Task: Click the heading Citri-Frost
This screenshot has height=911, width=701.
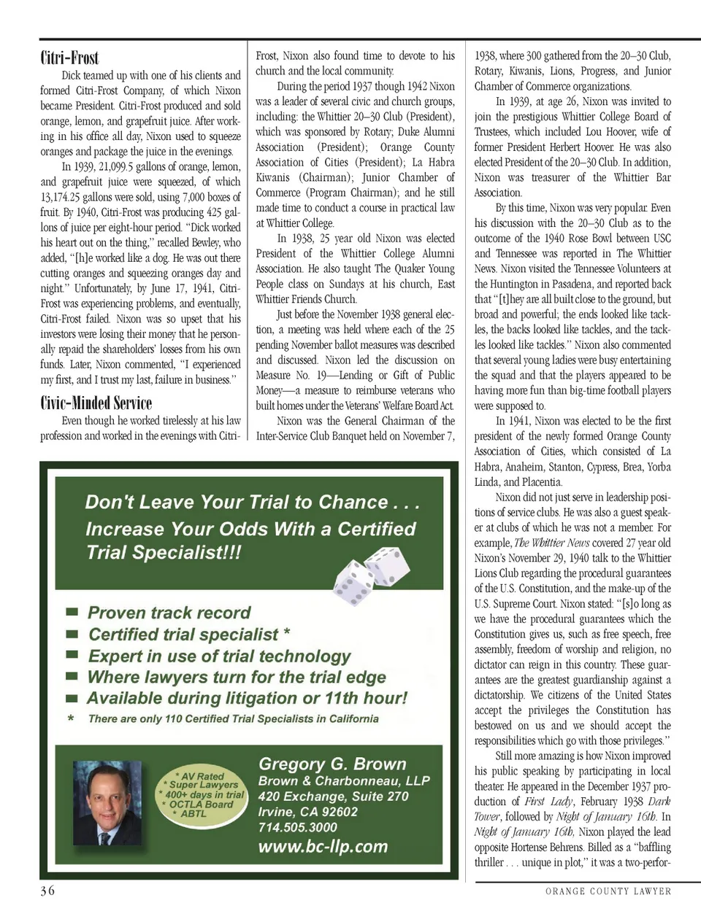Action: (x=69, y=58)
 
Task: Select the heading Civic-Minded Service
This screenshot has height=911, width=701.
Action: (x=96, y=403)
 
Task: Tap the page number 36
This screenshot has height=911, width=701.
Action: (x=47, y=891)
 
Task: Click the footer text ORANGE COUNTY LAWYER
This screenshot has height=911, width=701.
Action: (x=608, y=891)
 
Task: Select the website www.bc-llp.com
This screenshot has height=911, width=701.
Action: (x=323, y=847)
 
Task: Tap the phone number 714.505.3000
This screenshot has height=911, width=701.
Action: (x=297, y=827)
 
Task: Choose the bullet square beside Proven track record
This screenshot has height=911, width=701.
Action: (x=72, y=613)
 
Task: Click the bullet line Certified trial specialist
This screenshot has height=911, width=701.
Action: (x=189, y=635)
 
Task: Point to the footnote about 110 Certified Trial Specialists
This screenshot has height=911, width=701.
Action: (x=233, y=718)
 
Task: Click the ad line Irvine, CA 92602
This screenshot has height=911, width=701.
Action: (x=307, y=812)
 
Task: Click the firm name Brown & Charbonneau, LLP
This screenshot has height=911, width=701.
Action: (x=344, y=780)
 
